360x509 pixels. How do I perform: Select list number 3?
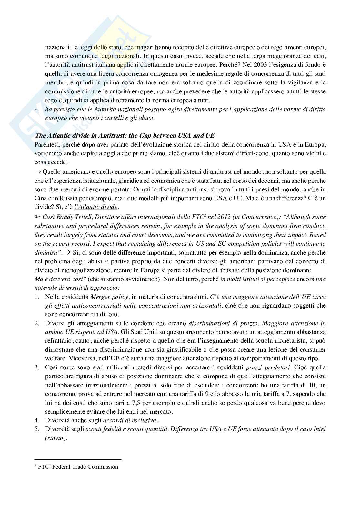tap(37, 367)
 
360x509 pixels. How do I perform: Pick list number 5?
tap(37, 429)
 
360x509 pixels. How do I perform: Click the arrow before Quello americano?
tap(37, 171)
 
